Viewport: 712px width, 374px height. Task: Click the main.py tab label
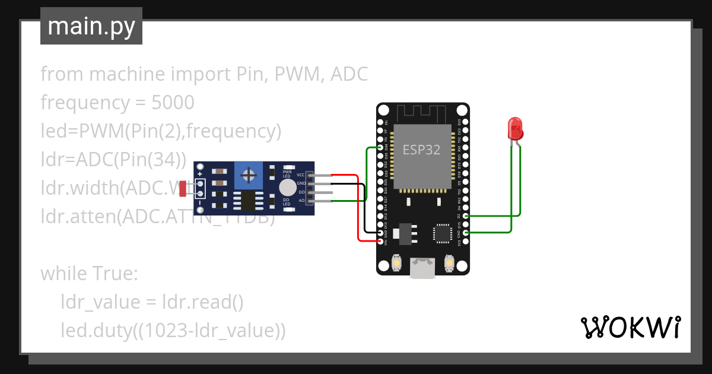click(91, 26)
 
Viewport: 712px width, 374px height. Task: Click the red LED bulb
click(514, 128)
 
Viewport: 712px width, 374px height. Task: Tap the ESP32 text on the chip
click(421, 150)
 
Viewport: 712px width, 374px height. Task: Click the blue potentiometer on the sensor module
click(250, 175)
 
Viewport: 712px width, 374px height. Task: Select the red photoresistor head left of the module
click(185, 189)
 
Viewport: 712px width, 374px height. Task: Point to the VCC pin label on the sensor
click(300, 175)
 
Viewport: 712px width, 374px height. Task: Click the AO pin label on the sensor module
click(301, 201)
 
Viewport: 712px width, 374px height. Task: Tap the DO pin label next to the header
click(301, 192)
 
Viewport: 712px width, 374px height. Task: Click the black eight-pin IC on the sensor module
click(247, 201)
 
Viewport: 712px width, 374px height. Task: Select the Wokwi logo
click(630, 328)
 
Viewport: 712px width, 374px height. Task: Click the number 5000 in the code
click(173, 103)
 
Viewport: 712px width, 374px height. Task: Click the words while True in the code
click(89, 274)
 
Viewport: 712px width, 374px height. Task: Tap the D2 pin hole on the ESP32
click(466, 215)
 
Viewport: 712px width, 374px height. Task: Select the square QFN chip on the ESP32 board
click(442, 233)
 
